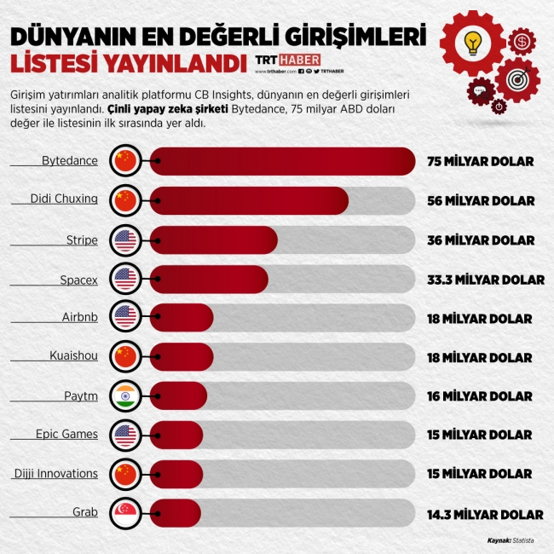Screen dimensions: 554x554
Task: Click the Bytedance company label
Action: click(70, 160)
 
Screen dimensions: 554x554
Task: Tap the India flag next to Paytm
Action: click(125, 395)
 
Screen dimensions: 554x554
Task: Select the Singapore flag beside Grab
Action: click(125, 513)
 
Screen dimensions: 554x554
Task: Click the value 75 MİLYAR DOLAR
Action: click(481, 161)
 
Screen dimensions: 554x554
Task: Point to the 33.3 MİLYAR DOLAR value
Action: click(485, 279)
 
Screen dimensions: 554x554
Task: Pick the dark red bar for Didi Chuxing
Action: click(251, 200)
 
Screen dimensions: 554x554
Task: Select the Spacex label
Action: click(78, 279)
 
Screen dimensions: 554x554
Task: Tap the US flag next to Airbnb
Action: click(125, 317)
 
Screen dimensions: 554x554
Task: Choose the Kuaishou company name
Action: click(72, 356)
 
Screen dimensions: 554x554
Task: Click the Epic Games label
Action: click(66, 434)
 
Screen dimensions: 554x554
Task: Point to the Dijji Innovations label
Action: click(56, 473)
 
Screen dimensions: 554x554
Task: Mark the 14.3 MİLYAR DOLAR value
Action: click(485, 514)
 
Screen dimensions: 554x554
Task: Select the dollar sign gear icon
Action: click(522, 40)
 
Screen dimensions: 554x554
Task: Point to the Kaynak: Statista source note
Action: click(511, 540)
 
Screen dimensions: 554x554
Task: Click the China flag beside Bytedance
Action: click(125, 160)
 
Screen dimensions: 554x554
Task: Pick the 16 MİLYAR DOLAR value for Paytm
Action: click(480, 396)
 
